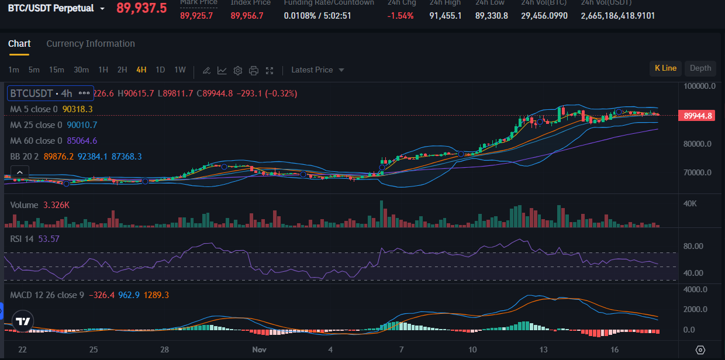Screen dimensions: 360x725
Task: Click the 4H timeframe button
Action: point(141,70)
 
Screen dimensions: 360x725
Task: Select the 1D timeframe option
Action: point(160,70)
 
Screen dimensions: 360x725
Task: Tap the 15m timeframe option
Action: point(57,70)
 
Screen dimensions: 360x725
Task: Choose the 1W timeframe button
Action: point(180,70)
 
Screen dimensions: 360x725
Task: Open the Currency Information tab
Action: point(91,44)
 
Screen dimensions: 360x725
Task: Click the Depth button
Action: point(700,68)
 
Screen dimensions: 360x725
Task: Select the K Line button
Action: point(665,68)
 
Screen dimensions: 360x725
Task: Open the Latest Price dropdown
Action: point(317,70)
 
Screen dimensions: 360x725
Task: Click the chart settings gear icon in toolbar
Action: point(238,71)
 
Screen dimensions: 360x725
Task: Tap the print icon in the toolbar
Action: point(254,71)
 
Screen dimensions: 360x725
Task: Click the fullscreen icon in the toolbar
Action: point(270,71)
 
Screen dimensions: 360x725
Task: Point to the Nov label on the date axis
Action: point(259,349)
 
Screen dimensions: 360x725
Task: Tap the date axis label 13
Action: point(544,349)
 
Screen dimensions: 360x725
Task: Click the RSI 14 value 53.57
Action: point(49,238)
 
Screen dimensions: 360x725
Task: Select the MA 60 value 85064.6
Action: point(82,141)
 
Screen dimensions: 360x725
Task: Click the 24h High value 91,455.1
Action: point(446,16)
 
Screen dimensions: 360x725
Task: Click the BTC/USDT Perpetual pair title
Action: point(51,9)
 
